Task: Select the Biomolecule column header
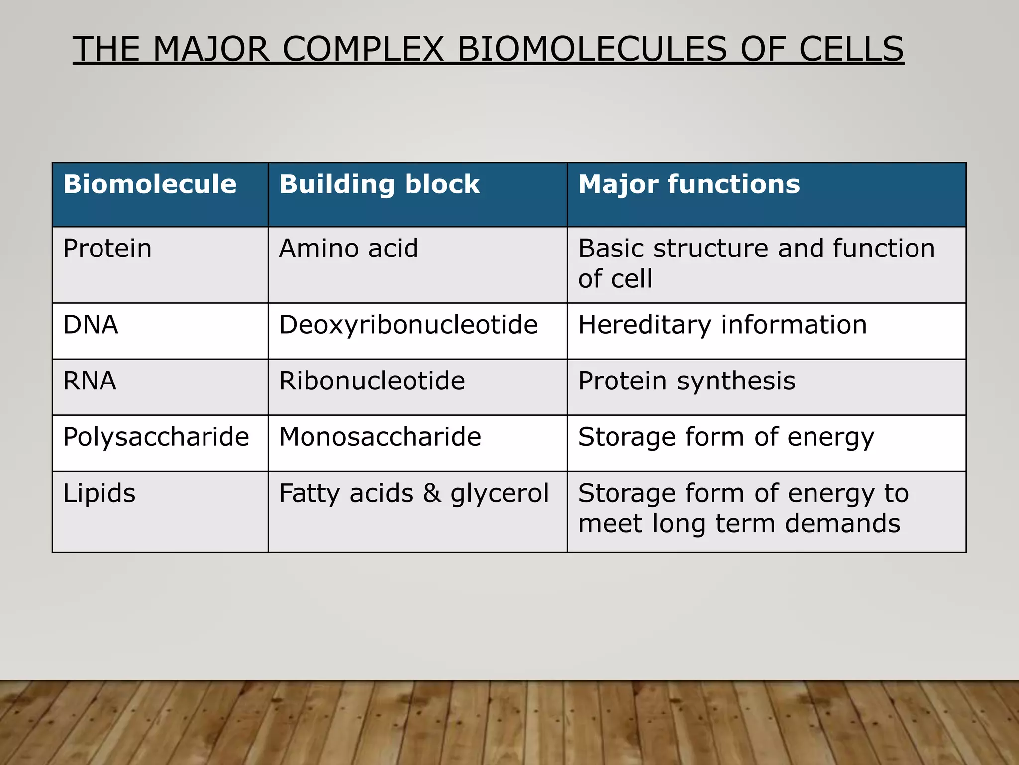[x=150, y=184]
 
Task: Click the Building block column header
[x=379, y=184]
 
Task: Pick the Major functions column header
[x=689, y=184]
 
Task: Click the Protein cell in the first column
[x=107, y=248]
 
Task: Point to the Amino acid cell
[x=348, y=248]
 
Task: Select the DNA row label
[x=91, y=325]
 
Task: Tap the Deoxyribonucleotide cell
[x=408, y=325]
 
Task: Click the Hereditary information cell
[x=722, y=325]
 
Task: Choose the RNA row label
[x=90, y=381]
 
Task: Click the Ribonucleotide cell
[x=372, y=381]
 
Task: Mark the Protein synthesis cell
[x=687, y=381]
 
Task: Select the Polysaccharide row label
[x=156, y=437]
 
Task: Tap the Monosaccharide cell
[x=380, y=437]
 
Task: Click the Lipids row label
[x=99, y=493]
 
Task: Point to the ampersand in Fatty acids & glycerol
[x=432, y=493]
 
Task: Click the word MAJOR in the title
[x=211, y=49]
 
